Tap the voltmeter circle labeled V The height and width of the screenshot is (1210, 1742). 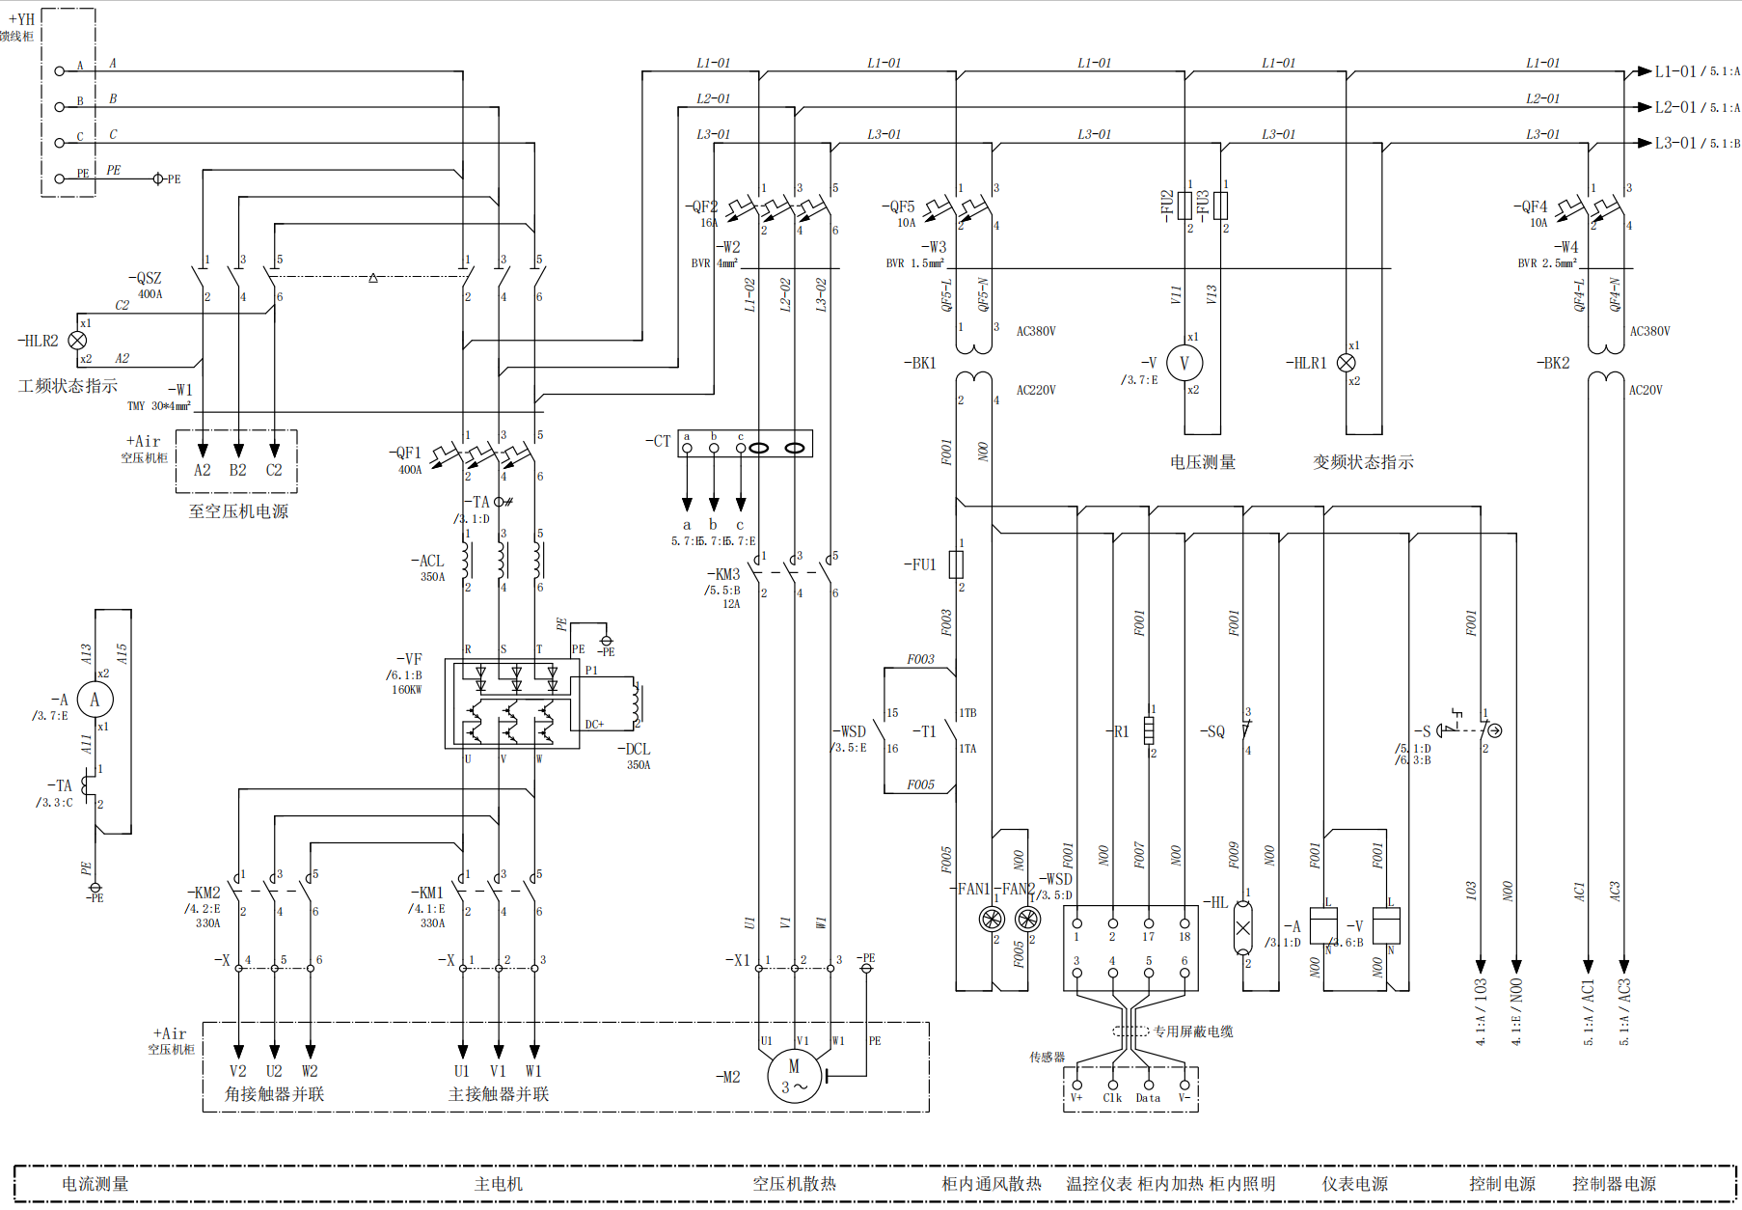(1184, 363)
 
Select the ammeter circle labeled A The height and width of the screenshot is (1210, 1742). (95, 700)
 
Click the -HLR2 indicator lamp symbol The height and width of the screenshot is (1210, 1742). (78, 340)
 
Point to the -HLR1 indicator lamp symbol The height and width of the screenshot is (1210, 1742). (1347, 363)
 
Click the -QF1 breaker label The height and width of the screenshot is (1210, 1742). (406, 453)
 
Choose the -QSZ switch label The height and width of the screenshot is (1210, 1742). (146, 278)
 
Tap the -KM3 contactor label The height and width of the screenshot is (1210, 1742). (724, 574)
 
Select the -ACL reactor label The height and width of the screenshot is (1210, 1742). (427, 561)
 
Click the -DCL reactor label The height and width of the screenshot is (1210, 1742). (634, 749)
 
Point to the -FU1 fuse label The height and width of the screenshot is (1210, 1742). (920, 564)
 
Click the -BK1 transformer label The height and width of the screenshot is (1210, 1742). (920, 363)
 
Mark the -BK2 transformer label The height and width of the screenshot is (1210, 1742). (1553, 363)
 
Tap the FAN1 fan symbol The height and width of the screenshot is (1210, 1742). (992, 919)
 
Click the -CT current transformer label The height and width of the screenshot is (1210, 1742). (658, 441)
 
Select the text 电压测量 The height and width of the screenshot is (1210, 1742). (1202, 462)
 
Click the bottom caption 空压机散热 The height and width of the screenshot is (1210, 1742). (794, 1184)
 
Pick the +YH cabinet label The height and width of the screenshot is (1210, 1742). (21, 18)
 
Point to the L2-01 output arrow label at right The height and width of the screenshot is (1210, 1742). (1674, 107)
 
